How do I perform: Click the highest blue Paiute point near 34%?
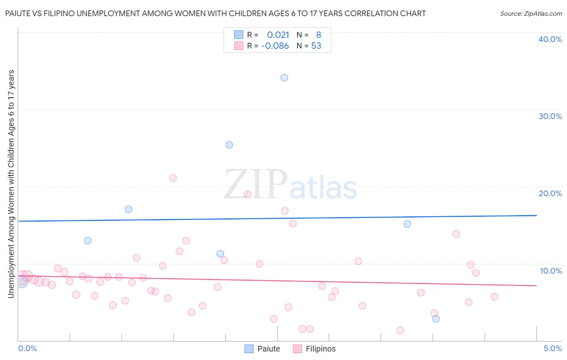(284, 77)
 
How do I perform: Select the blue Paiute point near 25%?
(229, 145)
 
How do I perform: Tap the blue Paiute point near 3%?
(436, 319)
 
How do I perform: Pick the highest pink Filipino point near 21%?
(173, 178)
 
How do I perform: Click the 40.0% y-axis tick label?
(550, 39)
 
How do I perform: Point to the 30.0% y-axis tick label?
(550, 116)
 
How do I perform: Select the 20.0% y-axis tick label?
(550, 193)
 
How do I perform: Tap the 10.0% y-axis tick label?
(551, 271)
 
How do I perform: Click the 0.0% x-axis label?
(27, 348)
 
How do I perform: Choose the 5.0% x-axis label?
(552, 348)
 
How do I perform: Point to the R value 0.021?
(278, 35)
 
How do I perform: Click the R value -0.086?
(275, 46)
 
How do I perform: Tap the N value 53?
(316, 46)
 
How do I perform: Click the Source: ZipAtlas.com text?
(531, 13)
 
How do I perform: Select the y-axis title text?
(11, 184)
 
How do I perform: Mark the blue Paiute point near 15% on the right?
(407, 224)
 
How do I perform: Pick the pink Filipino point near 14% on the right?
(456, 234)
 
